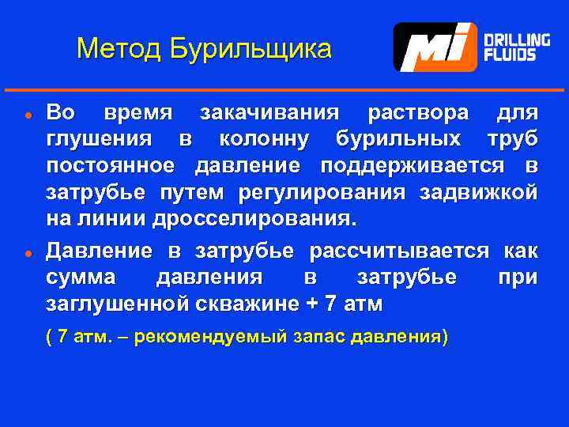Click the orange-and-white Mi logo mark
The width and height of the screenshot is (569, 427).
coord(435,47)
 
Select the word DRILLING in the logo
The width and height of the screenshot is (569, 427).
coord(517,40)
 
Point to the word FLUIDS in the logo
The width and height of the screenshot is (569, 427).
coord(511,55)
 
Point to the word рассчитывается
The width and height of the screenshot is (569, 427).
coord(399,252)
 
